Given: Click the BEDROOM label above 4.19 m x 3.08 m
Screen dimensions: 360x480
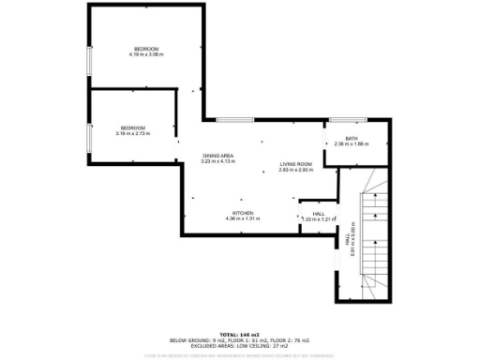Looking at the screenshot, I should click(145, 49).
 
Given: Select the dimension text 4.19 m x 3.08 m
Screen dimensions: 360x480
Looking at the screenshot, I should click(146, 54).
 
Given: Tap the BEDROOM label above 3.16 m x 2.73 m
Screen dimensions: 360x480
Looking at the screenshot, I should click(132, 127).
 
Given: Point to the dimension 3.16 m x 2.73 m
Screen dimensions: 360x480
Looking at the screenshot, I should click(132, 133).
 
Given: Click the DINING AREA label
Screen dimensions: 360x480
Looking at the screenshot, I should click(218, 156).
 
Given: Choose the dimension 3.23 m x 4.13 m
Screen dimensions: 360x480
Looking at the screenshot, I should click(218, 161).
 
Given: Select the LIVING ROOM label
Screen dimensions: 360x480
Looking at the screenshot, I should click(294, 165).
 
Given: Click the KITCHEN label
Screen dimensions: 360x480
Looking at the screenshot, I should click(243, 213).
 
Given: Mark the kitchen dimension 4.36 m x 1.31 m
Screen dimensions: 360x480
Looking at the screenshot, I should click(243, 218).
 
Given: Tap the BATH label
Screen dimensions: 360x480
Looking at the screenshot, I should click(352, 139).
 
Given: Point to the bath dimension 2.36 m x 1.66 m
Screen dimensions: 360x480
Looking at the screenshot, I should click(352, 144).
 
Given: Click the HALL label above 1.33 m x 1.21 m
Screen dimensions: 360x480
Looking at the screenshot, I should click(319, 213).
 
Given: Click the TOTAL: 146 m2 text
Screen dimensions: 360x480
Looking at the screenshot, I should click(239, 333).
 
